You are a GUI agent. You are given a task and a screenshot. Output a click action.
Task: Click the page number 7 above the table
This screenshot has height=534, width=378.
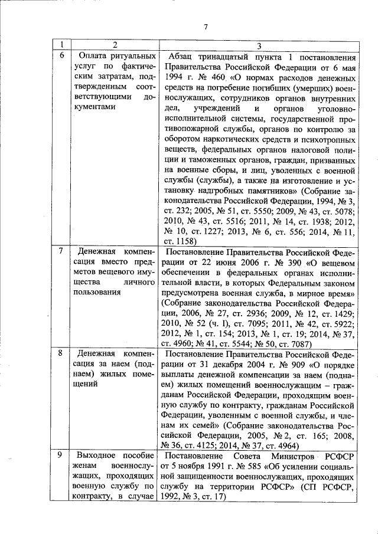coord(206,27)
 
